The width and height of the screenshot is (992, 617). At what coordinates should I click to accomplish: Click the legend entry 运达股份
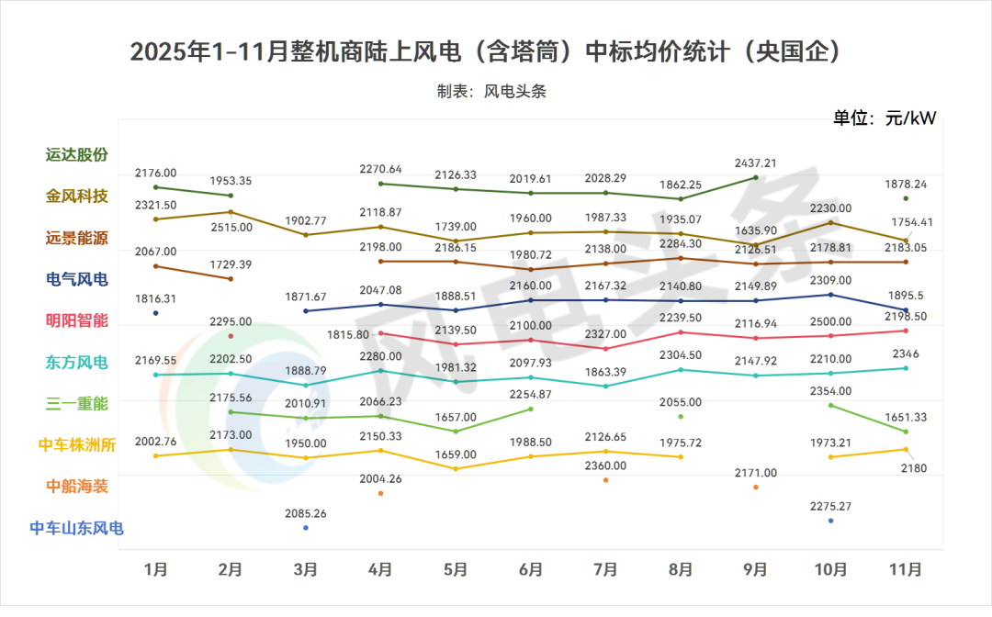pos(77,154)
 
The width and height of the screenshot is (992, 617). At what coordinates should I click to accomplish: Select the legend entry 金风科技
pos(77,196)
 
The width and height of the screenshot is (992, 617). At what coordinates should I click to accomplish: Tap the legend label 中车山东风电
pos(77,528)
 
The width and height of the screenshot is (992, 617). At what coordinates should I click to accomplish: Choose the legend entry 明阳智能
pos(77,320)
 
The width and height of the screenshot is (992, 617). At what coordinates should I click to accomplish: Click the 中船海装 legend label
pos(77,486)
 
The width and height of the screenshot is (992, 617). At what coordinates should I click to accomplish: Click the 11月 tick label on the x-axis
pos(906,569)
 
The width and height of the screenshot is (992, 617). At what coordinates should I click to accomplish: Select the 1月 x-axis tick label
pos(156,569)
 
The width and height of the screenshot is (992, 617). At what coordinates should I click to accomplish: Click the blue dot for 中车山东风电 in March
pos(306,528)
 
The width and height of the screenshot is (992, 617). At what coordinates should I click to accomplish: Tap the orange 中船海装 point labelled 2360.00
pos(606,480)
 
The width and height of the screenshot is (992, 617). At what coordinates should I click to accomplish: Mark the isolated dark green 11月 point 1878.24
pos(906,198)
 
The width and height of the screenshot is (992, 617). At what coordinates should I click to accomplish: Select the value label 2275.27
pos(830,505)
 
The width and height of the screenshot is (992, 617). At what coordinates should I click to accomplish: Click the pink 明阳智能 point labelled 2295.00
pos(231,336)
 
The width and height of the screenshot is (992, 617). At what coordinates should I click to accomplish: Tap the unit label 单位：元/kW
pos(884,118)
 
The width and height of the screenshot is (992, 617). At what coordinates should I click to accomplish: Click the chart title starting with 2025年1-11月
pos(486,51)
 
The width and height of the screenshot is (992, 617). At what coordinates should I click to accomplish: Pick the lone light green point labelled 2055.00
pos(681,416)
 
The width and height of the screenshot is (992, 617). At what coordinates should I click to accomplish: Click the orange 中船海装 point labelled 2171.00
pos(756,487)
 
